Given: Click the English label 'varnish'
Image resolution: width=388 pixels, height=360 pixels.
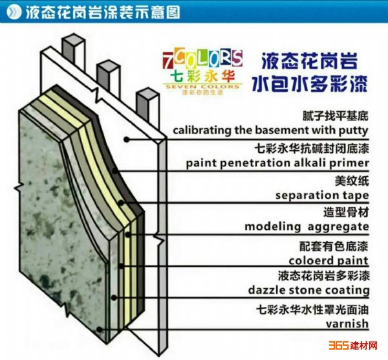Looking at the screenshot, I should coord(347,323).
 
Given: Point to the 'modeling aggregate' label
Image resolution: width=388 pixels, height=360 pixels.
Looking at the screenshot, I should coord(307,227).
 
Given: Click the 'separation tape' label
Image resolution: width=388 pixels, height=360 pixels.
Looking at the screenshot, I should coord(322,195).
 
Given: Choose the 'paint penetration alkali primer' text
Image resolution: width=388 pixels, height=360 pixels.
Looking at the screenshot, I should coord(277,163).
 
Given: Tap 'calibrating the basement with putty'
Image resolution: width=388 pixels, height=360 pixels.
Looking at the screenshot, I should coord(271,130).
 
